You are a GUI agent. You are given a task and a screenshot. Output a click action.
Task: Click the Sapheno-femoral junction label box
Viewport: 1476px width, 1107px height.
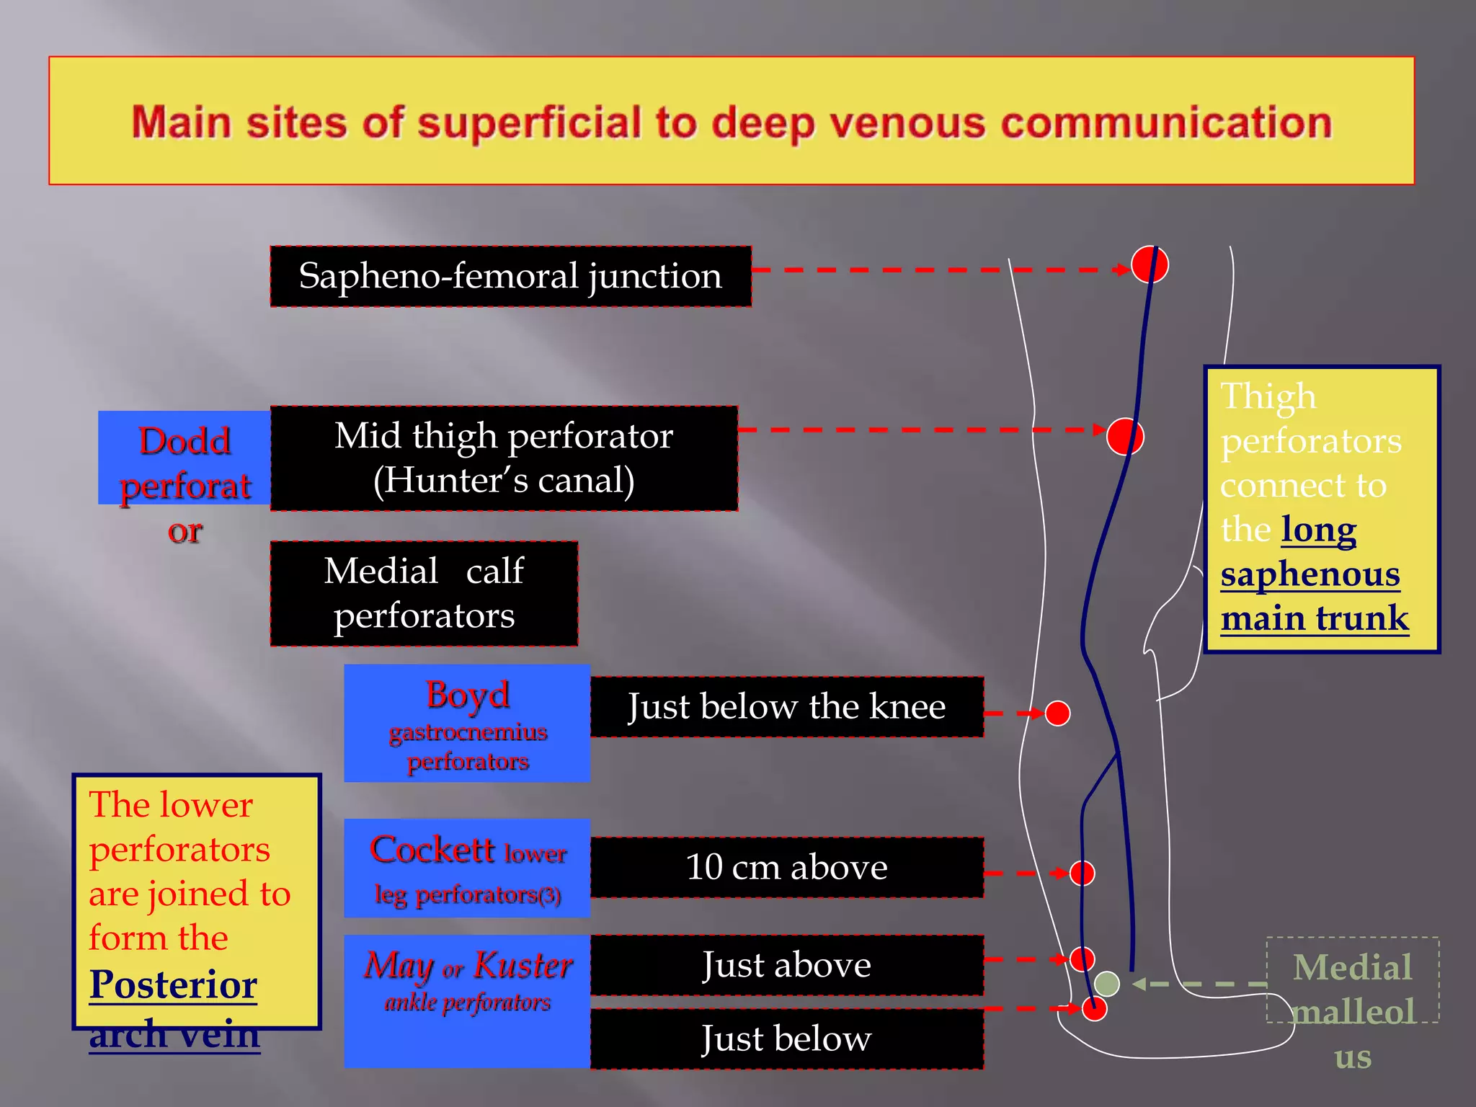click(510, 277)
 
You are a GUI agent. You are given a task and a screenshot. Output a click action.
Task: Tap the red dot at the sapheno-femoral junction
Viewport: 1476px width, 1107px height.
click(1149, 265)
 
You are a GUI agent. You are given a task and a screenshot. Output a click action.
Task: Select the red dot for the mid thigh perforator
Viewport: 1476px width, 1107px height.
click(1125, 436)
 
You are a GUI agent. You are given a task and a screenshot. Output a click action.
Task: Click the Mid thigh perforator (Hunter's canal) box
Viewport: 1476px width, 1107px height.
click(504, 458)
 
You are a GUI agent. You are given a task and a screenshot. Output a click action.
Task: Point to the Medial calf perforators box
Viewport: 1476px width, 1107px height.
click(424, 593)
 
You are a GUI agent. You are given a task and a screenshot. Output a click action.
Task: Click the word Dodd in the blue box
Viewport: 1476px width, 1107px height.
click(184, 441)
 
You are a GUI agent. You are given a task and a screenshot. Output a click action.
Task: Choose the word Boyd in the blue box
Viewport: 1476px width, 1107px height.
click(467, 695)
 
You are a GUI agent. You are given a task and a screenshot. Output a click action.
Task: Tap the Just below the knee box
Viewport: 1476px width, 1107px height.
click(786, 707)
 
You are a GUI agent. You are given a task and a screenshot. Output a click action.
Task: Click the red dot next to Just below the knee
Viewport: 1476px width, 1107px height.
click(1057, 713)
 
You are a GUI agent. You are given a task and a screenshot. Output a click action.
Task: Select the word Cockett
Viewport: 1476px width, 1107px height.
click(432, 850)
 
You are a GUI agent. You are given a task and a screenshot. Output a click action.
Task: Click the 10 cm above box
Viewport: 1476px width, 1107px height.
click(786, 867)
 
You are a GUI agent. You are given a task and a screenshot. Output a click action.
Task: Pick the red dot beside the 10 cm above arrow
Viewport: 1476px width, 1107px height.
click(1082, 873)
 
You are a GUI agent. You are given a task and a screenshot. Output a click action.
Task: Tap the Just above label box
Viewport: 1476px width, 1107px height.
click(786, 965)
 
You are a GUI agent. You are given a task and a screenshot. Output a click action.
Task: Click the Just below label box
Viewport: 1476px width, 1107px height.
click(786, 1039)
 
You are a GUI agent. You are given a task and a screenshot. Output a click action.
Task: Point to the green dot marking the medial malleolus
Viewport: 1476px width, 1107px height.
click(1107, 984)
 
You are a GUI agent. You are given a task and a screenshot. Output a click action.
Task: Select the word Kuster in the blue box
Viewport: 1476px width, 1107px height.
click(523, 965)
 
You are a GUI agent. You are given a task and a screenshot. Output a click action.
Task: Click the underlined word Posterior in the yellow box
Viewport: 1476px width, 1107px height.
click(173, 984)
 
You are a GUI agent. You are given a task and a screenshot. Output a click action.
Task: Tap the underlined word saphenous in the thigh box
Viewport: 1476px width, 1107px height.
click(1310, 574)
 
